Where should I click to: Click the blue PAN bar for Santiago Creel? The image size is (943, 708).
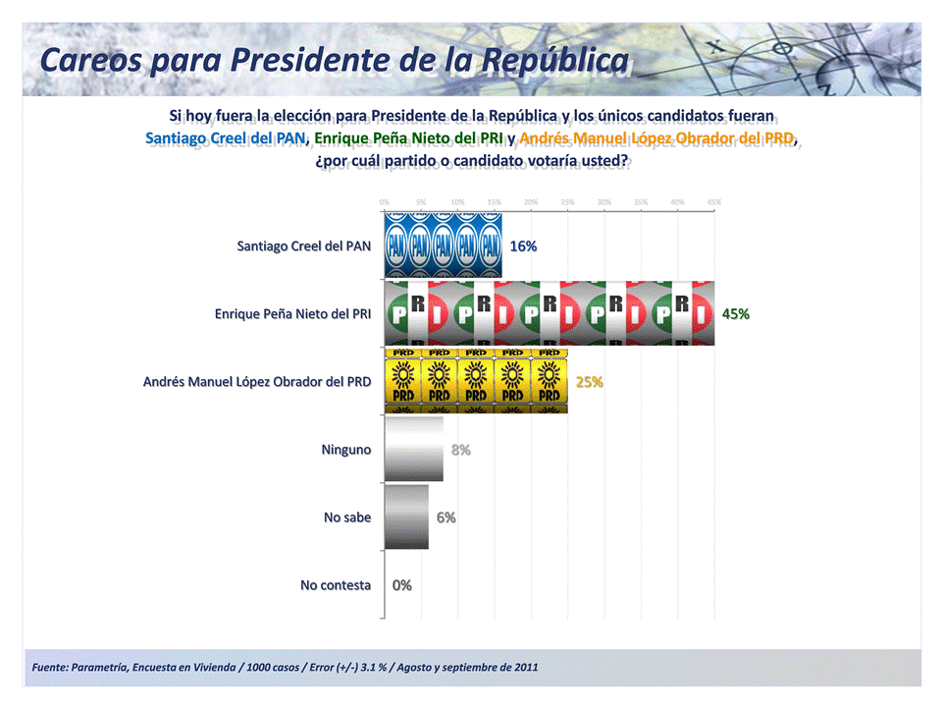coord(443,245)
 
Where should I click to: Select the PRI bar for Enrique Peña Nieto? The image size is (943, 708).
coord(549,314)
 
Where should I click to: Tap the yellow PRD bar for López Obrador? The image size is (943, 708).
coord(475,381)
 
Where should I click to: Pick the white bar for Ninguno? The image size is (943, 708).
coord(413,449)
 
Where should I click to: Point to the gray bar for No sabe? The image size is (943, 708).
coord(406,517)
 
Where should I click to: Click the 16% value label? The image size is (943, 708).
coord(523,246)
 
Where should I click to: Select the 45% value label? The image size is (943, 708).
coord(736,314)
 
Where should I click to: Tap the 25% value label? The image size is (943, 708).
coord(589,382)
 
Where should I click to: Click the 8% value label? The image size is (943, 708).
coord(461,450)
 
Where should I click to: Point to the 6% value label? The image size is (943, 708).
coord(446,517)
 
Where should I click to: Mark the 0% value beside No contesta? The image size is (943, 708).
coord(402,585)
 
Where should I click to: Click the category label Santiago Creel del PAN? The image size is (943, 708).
coord(304,245)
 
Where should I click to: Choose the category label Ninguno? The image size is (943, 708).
coord(346,449)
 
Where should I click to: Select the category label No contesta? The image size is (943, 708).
coord(336,585)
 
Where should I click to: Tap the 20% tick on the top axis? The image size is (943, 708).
coord(531,202)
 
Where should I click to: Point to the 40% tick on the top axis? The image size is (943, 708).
coord(677,202)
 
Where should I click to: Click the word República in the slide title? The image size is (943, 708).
coord(556,61)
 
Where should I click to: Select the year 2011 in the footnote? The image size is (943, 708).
coord(524,668)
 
